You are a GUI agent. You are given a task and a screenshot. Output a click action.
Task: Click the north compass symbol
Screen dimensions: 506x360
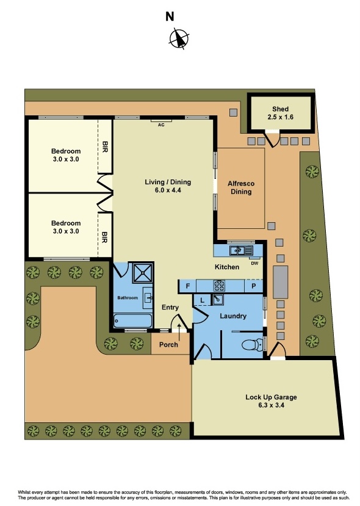(x=178, y=38)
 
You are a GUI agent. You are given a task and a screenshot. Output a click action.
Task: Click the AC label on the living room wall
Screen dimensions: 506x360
(x=161, y=125)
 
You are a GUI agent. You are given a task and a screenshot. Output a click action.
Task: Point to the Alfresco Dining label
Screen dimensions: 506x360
(x=240, y=187)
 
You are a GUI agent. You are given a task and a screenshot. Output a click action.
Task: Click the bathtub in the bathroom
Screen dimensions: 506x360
(x=133, y=320)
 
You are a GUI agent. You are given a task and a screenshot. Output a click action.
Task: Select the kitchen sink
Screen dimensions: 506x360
(x=239, y=250)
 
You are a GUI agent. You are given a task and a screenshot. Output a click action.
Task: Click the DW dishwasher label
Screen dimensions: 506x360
(x=254, y=263)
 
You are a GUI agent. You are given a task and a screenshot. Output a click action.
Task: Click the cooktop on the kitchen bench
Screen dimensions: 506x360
(x=219, y=285)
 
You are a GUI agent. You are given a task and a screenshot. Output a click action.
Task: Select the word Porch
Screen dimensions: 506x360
(x=168, y=345)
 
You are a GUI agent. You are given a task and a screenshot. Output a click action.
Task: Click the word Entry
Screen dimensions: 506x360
(x=170, y=307)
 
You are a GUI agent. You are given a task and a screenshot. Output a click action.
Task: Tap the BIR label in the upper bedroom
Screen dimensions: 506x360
(x=105, y=146)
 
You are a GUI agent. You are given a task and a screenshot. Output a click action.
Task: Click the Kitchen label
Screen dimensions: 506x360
(x=226, y=267)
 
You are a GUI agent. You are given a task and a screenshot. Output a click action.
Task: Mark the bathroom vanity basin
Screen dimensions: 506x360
(x=147, y=297)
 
